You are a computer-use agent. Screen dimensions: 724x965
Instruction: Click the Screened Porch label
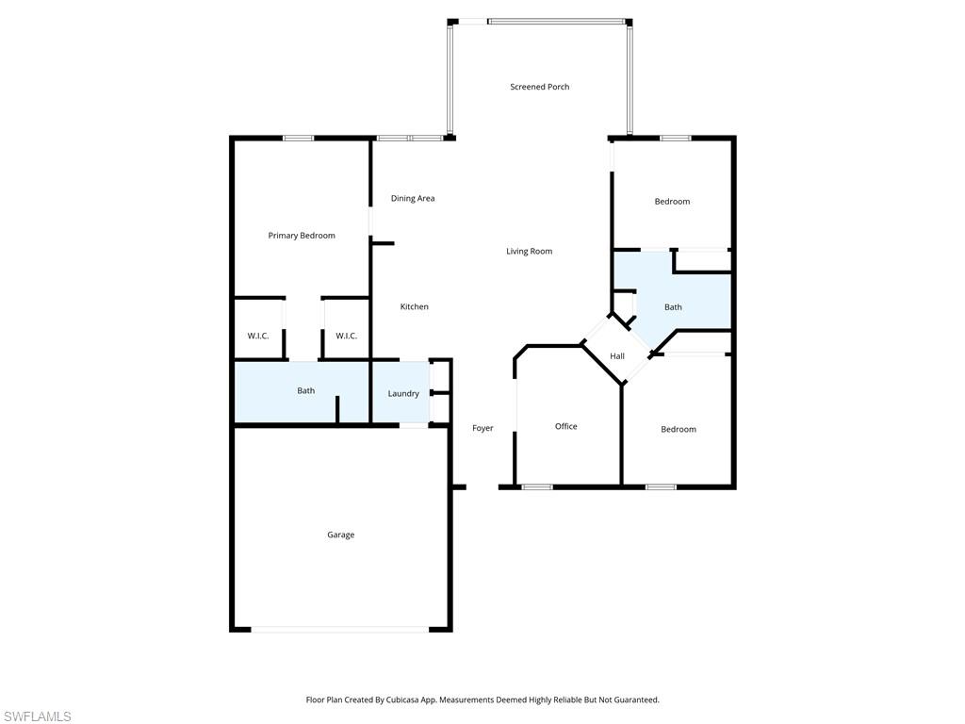(539, 87)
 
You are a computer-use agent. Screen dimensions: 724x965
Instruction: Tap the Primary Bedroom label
(302, 236)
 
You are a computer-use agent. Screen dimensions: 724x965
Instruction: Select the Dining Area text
(413, 199)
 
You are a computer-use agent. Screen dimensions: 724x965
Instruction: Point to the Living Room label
(529, 252)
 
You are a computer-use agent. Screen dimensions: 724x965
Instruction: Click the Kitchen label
(414, 307)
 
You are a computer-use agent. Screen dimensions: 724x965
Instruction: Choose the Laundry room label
(403, 394)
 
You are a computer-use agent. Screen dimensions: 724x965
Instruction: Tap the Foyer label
(482, 429)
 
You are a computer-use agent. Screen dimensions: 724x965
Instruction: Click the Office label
(565, 427)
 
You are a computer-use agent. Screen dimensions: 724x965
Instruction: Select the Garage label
(340, 535)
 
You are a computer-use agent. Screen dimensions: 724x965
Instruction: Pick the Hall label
(617, 356)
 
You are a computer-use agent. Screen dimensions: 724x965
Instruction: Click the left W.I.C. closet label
(258, 337)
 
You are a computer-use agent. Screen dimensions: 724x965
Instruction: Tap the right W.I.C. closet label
(346, 337)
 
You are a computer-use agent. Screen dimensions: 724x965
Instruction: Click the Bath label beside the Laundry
(306, 391)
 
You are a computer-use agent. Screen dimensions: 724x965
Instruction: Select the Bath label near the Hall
(673, 307)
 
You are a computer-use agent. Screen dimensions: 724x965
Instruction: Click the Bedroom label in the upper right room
(672, 202)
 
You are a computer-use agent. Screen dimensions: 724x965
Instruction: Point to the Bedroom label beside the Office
(678, 430)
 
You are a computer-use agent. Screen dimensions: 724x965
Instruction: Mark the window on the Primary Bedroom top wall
(299, 139)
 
